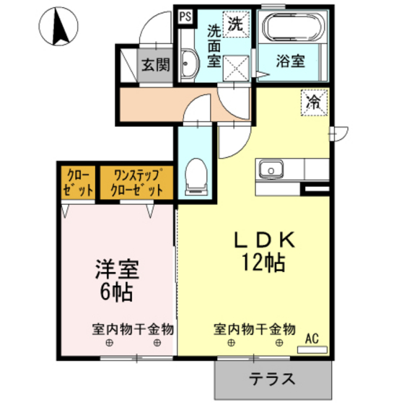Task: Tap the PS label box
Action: [183, 16]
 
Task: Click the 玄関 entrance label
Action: [155, 65]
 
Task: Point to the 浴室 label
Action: [291, 62]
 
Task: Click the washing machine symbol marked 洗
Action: [235, 23]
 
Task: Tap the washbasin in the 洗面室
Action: [189, 66]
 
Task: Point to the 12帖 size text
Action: [258, 263]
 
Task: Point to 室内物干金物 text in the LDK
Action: [255, 329]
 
